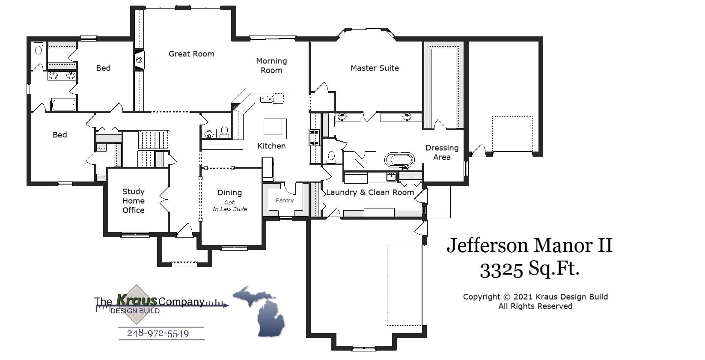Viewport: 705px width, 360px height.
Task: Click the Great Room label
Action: [191, 54]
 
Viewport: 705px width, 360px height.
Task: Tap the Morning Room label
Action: [271, 65]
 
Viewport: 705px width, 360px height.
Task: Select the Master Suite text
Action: [375, 68]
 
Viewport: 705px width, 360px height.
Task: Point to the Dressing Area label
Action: [442, 152]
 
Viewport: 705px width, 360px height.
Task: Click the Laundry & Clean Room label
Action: [370, 193]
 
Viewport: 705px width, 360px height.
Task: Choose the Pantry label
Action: [285, 200]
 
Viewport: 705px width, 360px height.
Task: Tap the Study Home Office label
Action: [133, 201]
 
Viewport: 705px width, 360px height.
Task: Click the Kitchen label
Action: [271, 146]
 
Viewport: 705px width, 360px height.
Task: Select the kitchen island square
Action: [275, 128]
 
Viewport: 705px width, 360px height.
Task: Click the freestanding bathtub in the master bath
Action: [400, 161]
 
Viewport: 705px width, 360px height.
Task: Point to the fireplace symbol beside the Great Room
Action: [140, 60]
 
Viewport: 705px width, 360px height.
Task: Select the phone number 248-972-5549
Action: [158, 333]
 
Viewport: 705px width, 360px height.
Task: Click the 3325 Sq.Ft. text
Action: [529, 269]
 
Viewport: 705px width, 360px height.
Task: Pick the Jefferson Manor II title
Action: [529, 246]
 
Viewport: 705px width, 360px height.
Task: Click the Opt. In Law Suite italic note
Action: [230, 206]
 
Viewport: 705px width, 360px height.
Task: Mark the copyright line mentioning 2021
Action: [535, 297]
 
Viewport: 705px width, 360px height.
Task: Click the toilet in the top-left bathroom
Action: [39, 48]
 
